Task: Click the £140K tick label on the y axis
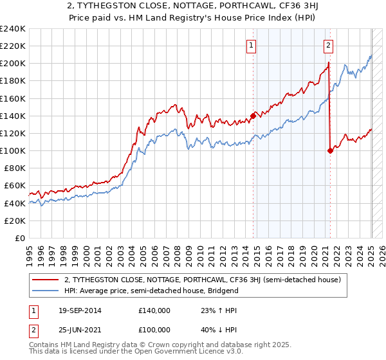13,116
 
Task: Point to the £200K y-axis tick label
13,64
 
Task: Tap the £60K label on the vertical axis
15,185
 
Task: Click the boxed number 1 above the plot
251,45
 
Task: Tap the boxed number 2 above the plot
328,45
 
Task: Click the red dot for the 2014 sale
253,116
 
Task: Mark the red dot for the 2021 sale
331,150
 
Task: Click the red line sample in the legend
46,280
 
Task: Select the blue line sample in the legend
46,291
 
